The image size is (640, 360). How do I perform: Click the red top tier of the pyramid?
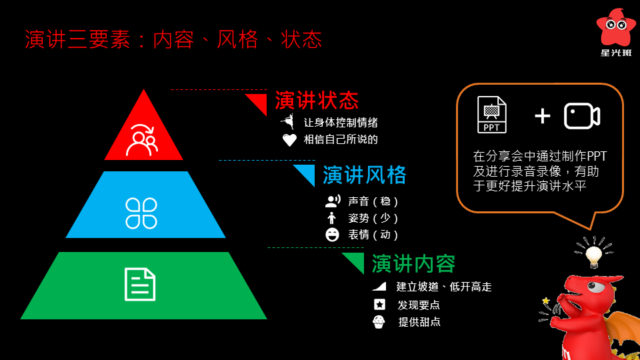pos(143,130)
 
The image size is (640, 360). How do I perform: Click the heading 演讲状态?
pos(317,101)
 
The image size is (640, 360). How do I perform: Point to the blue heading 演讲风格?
pos(364,175)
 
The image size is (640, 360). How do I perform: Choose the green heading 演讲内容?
pos(413,264)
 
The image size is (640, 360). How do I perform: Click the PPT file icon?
pos(492,115)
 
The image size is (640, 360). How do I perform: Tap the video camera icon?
pos(581,116)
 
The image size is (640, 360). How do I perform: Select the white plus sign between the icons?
pos(543,116)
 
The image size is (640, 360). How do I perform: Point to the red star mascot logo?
pos(616,27)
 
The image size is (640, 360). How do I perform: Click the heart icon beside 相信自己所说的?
pos(289,140)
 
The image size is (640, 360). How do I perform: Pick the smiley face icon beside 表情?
pos(331,235)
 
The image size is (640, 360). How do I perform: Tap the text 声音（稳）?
pos(373,201)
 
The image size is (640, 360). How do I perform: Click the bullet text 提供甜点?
pos(419,322)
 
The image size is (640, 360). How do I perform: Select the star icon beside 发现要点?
pos(379,305)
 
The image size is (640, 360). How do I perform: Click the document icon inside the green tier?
pos(141,283)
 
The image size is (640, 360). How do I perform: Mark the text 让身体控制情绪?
pos(341,123)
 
